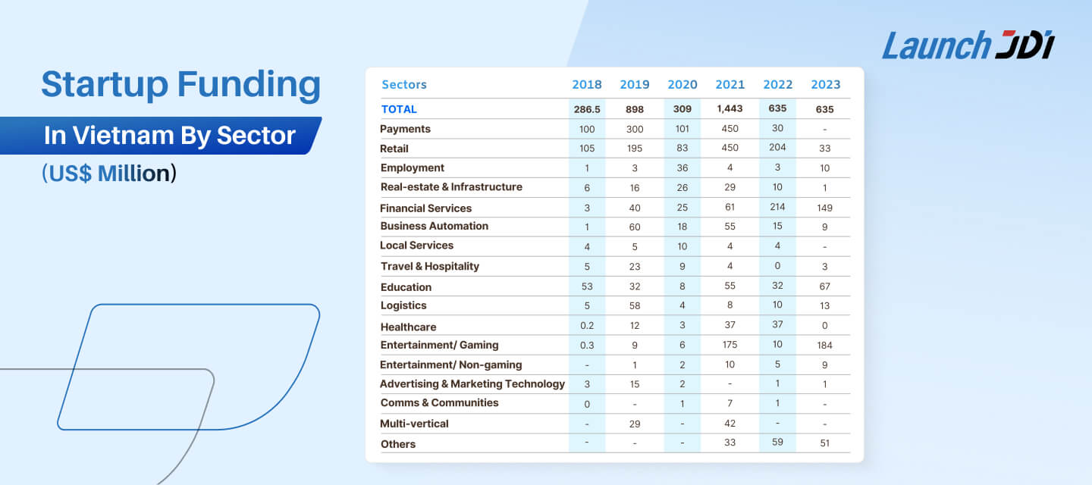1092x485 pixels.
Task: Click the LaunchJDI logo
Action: coord(968,45)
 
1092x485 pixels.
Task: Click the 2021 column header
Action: coord(730,85)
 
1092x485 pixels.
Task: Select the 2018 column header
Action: coord(587,85)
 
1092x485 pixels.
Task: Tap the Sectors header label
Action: coord(404,85)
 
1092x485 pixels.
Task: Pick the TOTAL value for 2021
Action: coord(730,108)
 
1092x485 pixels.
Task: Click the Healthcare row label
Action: coord(408,327)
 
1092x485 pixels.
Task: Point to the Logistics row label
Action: coord(403,305)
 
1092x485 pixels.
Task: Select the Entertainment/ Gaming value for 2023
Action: coord(824,346)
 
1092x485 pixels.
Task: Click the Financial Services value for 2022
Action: coord(777,207)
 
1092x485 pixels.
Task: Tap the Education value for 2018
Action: coord(587,286)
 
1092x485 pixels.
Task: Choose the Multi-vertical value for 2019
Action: coord(635,424)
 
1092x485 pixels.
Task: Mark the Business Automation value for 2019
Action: coord(635,227)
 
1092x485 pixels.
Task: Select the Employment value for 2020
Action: coord(682,168)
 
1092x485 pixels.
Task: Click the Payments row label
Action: coord(405,129)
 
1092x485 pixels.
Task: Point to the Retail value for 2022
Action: coord(777,148)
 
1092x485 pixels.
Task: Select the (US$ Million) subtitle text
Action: coord(108,174)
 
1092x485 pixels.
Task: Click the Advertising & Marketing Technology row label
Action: coord(472,384)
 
